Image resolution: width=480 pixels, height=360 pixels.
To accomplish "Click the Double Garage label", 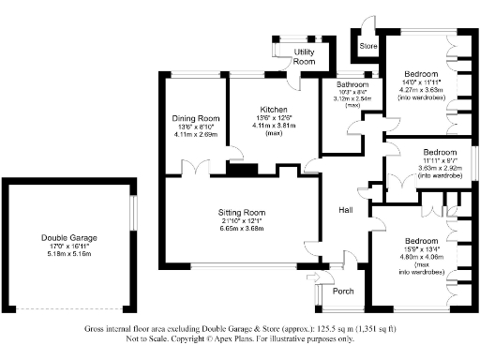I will tap(67, 238).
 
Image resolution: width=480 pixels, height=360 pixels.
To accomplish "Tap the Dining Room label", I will tap(195, 118).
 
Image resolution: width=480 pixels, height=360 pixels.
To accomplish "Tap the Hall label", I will tap(346, 211).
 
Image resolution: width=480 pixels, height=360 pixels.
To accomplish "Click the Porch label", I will tap(344, 292).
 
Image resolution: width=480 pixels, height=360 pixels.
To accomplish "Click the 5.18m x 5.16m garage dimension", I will tap(67, 254).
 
